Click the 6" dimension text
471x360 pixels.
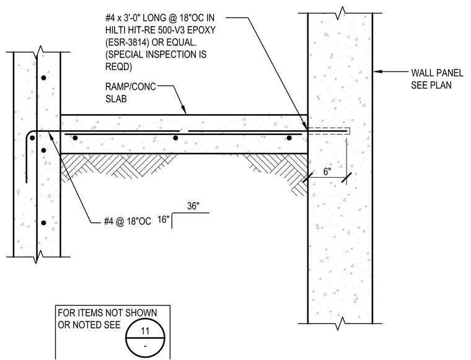[x=327, y=172]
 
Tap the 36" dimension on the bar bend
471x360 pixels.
[x=193, y=206]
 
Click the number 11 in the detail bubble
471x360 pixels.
[x=145, y=331]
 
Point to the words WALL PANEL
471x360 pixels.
[x=437, y=73]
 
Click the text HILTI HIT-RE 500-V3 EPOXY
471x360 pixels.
[x=161, y=30]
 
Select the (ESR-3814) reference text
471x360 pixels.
[x=128, y=42]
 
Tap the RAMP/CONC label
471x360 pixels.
[x=131, y=87]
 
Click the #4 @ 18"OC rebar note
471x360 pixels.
[x=128, y=221]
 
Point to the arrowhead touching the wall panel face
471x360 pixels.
[x=377, y=71]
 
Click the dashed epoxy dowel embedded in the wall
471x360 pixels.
[x=329, y=131]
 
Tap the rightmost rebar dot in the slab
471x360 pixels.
[x=289, y=138]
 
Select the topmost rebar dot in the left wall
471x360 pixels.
[x=43, y=78]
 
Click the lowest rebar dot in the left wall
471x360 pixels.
[x=43, y=223]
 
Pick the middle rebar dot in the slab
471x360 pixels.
[x=175, y=138]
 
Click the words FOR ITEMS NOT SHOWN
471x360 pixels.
[x=107, y=313]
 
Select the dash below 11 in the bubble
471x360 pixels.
[x=145, y=346]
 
